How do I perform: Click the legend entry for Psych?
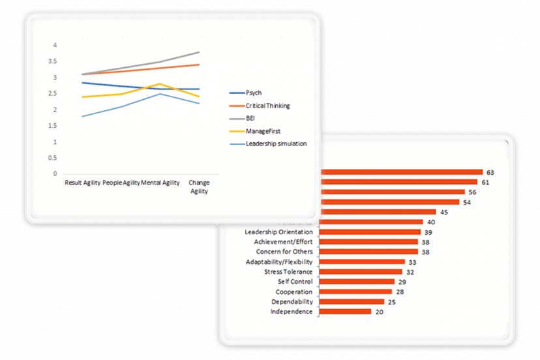pos(255,93)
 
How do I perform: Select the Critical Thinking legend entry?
pos(268,106)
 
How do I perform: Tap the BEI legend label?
pos(252,118)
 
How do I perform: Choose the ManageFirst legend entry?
pos(262,131)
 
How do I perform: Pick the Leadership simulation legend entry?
pos(276,143)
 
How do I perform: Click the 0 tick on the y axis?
pos(55,174)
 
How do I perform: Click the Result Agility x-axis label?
pos(82,183)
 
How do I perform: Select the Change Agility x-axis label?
pos(200,187)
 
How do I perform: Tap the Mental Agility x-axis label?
pos(160,183)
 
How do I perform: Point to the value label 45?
pos(444,212)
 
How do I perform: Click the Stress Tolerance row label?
pos(288,271)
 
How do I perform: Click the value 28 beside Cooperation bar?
pos(399,292)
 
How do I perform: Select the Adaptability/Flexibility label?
pos(279,262)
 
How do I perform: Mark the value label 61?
pos(485,182)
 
